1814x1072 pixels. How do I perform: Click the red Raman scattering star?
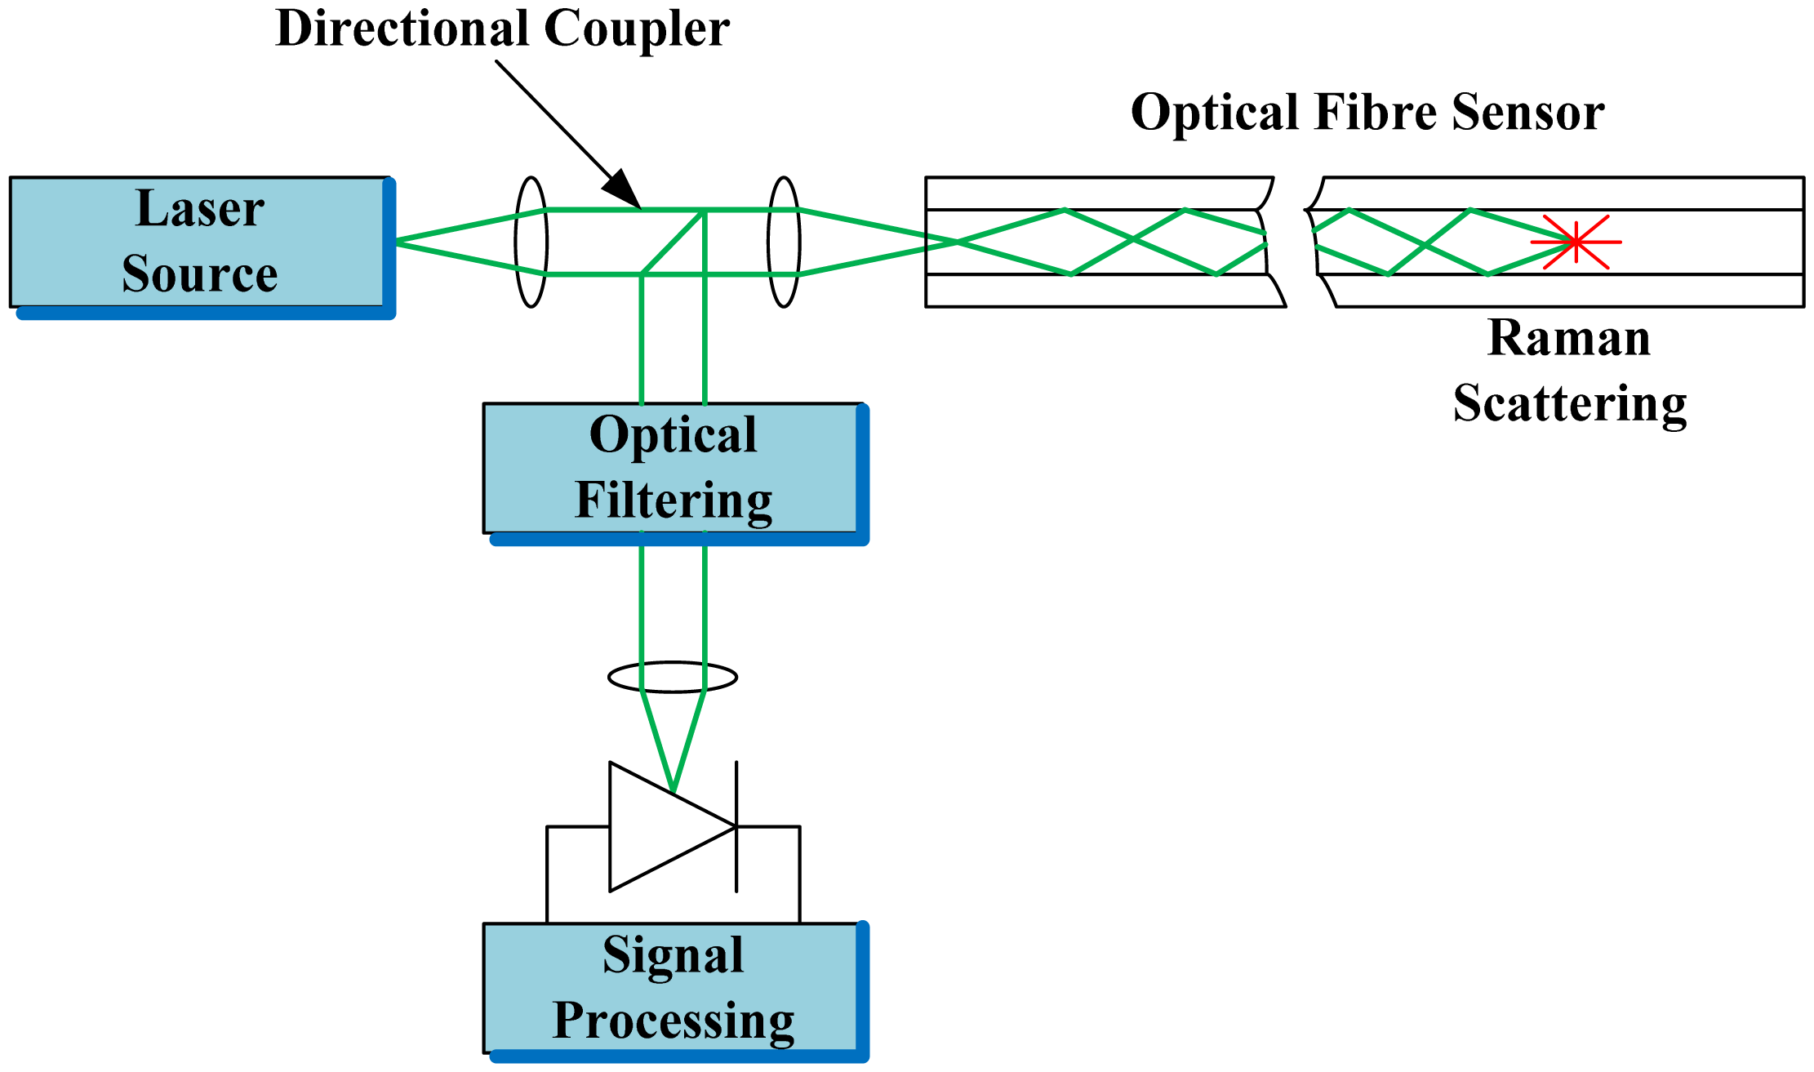tap(1576, 242)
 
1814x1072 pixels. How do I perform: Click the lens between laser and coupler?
tap(531, 242)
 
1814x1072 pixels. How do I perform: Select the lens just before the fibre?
tap(784, 242)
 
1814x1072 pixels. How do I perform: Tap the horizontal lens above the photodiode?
tap(673, 677)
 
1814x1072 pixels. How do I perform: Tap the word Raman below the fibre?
tap(1569, 337)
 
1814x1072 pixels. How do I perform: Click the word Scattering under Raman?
tap(1569, 403)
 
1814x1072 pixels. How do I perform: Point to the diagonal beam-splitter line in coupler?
tap(674, 242)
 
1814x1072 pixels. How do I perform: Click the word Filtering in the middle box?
tap(673, 500)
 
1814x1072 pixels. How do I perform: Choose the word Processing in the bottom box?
tap(673, 1021)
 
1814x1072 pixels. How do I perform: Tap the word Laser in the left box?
tap(200, 208)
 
